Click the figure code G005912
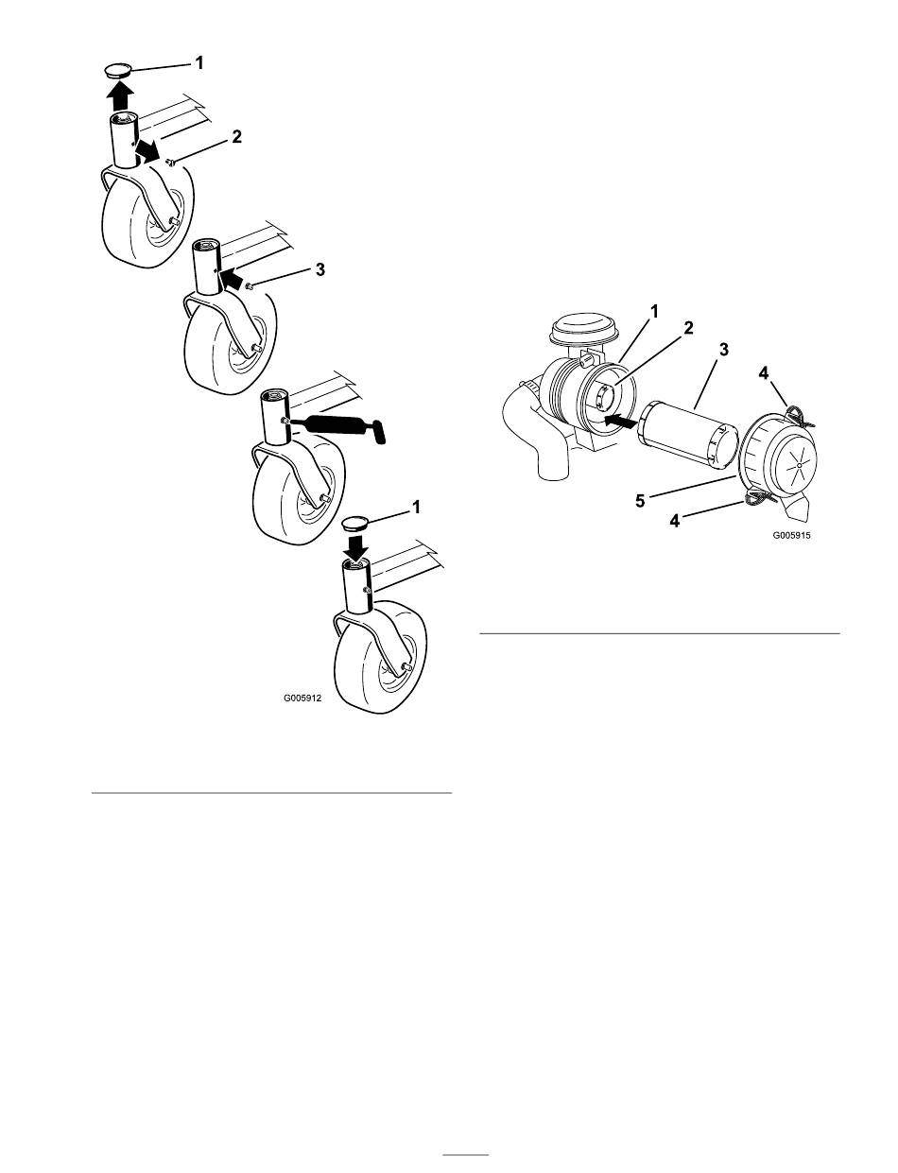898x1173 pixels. tap(302, 698)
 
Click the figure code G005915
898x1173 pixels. tap(792, 536)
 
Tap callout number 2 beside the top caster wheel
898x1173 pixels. tap(236, 136)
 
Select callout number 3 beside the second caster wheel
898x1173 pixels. tap(320, 269)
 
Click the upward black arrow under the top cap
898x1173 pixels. tap(120, 97)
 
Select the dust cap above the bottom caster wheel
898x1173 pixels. tap(356, 523)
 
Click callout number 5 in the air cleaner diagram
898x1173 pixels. tap(640, 501)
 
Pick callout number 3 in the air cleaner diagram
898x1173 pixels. tap(723, 350)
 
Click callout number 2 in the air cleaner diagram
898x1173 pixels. tap(688, 328)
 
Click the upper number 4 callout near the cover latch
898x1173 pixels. tap(764, 373)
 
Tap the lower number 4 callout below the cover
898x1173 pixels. tap(675, 521)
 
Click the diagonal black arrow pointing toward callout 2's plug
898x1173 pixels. tap(147, 150)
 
